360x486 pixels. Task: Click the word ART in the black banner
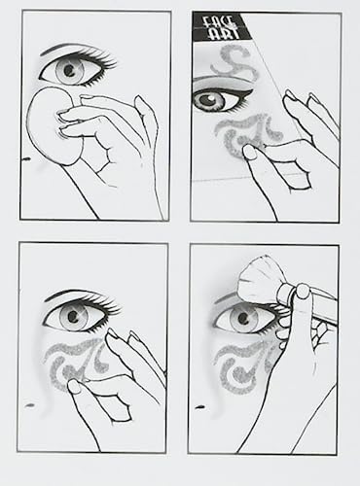coord(223,34)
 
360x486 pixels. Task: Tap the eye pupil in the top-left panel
coord(69,70)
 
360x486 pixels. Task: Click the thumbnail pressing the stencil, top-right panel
coord(249,152)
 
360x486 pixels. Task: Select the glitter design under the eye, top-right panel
coord(246,135)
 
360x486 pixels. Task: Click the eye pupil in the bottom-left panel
coord(73,316)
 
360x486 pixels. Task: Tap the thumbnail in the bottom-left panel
coord(74,387)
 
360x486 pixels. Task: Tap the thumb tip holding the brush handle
coord(303,291)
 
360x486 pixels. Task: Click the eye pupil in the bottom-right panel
coord(243,318)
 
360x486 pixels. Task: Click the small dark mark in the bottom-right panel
coord(199,407)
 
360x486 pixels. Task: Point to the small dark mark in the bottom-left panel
coord(29,405)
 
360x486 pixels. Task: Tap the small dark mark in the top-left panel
coord(26,159)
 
